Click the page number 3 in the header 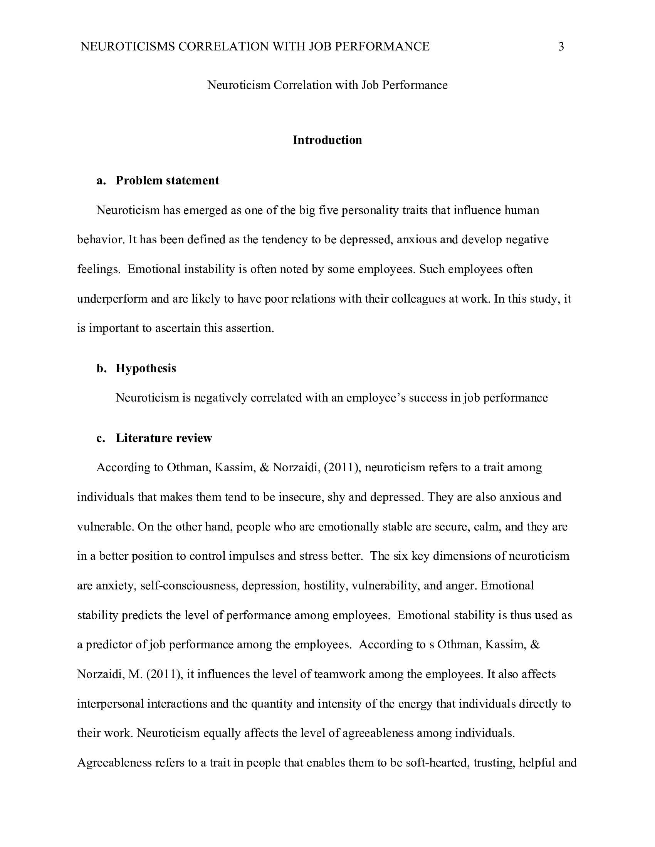pyautogui.click(x=561, y=47)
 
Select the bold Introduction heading pyautogui.click(x=327, y=140)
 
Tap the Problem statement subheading pyautogui.click(x=167, y=180)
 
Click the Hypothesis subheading pyautogui.click(x=146, y=368)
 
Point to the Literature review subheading pyautogui.click(x=164, y=438)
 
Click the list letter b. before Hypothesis pyautogui.click(x=101, y=368)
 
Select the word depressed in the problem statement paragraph pyautogui.click(x=364, y=240)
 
